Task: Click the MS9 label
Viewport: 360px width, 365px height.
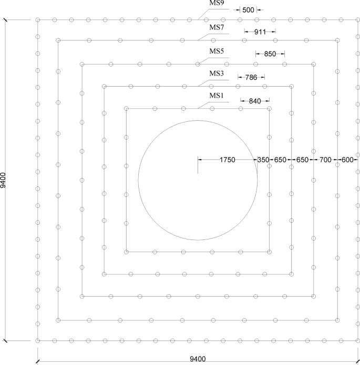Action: [217, 3]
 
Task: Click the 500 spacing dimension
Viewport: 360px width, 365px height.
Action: [249, 9]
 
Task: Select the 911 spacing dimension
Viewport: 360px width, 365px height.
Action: [260, 32]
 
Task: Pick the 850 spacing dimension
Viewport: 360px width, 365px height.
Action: [270, 54]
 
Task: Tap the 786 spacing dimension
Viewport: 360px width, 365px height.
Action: [251, 77]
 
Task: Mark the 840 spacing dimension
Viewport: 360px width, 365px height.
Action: [255, 100]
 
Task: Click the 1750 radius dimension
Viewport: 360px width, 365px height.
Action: [228, 159]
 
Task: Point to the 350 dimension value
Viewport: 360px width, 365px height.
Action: [263, 159]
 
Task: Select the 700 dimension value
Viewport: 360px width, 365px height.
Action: [325, 159]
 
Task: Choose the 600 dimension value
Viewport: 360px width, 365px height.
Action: [347, 159]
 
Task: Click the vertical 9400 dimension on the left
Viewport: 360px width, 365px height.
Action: [4, 180]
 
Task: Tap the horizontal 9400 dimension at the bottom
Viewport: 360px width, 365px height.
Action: [199, 359]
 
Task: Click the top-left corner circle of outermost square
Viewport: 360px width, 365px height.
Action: [38, 20]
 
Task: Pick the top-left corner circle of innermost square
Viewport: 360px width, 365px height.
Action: [126, 109]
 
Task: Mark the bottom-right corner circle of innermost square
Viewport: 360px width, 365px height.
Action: [270, 252]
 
